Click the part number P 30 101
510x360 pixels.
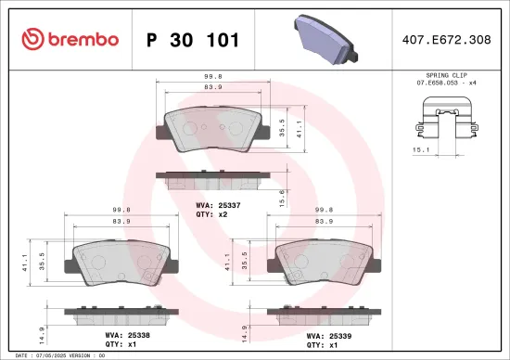coord(193,40)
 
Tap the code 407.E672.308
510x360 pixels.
coord(448,40)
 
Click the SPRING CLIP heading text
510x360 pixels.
coord(448,72)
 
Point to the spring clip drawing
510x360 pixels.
coord(448,125)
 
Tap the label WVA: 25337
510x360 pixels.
coord(218,204)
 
